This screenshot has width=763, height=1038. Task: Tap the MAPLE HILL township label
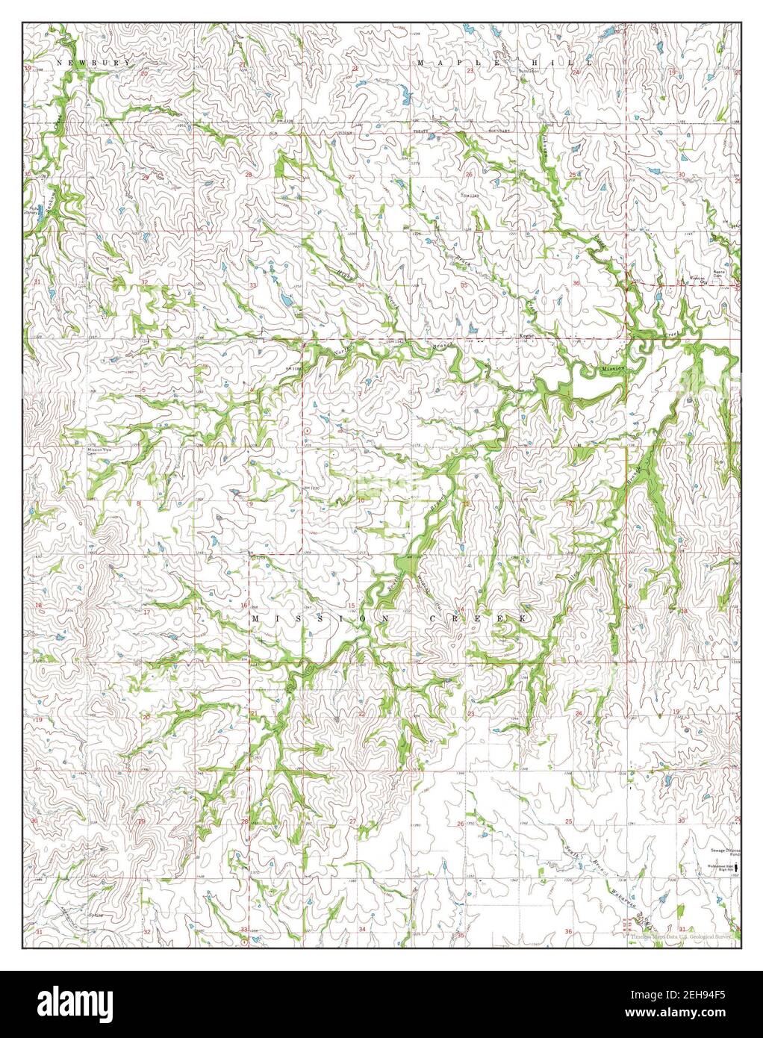(x=505, y=63)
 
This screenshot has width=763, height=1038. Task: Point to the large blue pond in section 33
(x=285, y=302)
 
